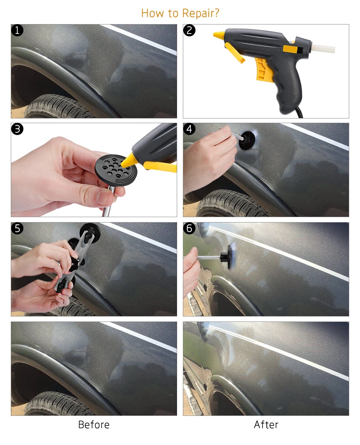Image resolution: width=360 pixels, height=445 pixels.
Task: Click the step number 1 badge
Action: pyautogui.click(x=17, y=30)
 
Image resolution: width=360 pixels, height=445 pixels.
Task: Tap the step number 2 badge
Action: pyautogui.click(x=189, y=30)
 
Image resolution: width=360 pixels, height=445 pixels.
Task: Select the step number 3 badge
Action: pyautogui.click(x=17, y=129)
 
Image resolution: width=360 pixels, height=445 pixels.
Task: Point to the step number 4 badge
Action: pyautogui.click(x=189, y=129)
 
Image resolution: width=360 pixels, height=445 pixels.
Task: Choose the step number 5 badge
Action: pyautogui.click(x=17, y=228)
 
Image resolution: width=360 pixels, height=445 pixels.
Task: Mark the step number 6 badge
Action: pyautogui.click(x=189, y=228)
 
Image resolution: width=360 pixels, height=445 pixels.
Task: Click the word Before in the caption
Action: pyautogui.click(x=94, y=425)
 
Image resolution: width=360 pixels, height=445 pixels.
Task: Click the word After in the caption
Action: pyautogui.click(x=266, y=425)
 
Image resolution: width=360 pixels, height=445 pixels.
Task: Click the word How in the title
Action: pyautogui.click(x=153, y=13)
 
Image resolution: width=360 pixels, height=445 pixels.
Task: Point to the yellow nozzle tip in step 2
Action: pyautogui.click(x=219, y=35)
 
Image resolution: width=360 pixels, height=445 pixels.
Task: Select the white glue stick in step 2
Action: pyautogui.click(x=323, y=49)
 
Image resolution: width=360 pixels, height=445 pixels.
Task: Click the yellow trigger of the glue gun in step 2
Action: pyautogui.click(x=264, y=69)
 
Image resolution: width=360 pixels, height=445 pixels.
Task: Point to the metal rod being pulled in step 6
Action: pyautogui.click(x=208, y=258)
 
